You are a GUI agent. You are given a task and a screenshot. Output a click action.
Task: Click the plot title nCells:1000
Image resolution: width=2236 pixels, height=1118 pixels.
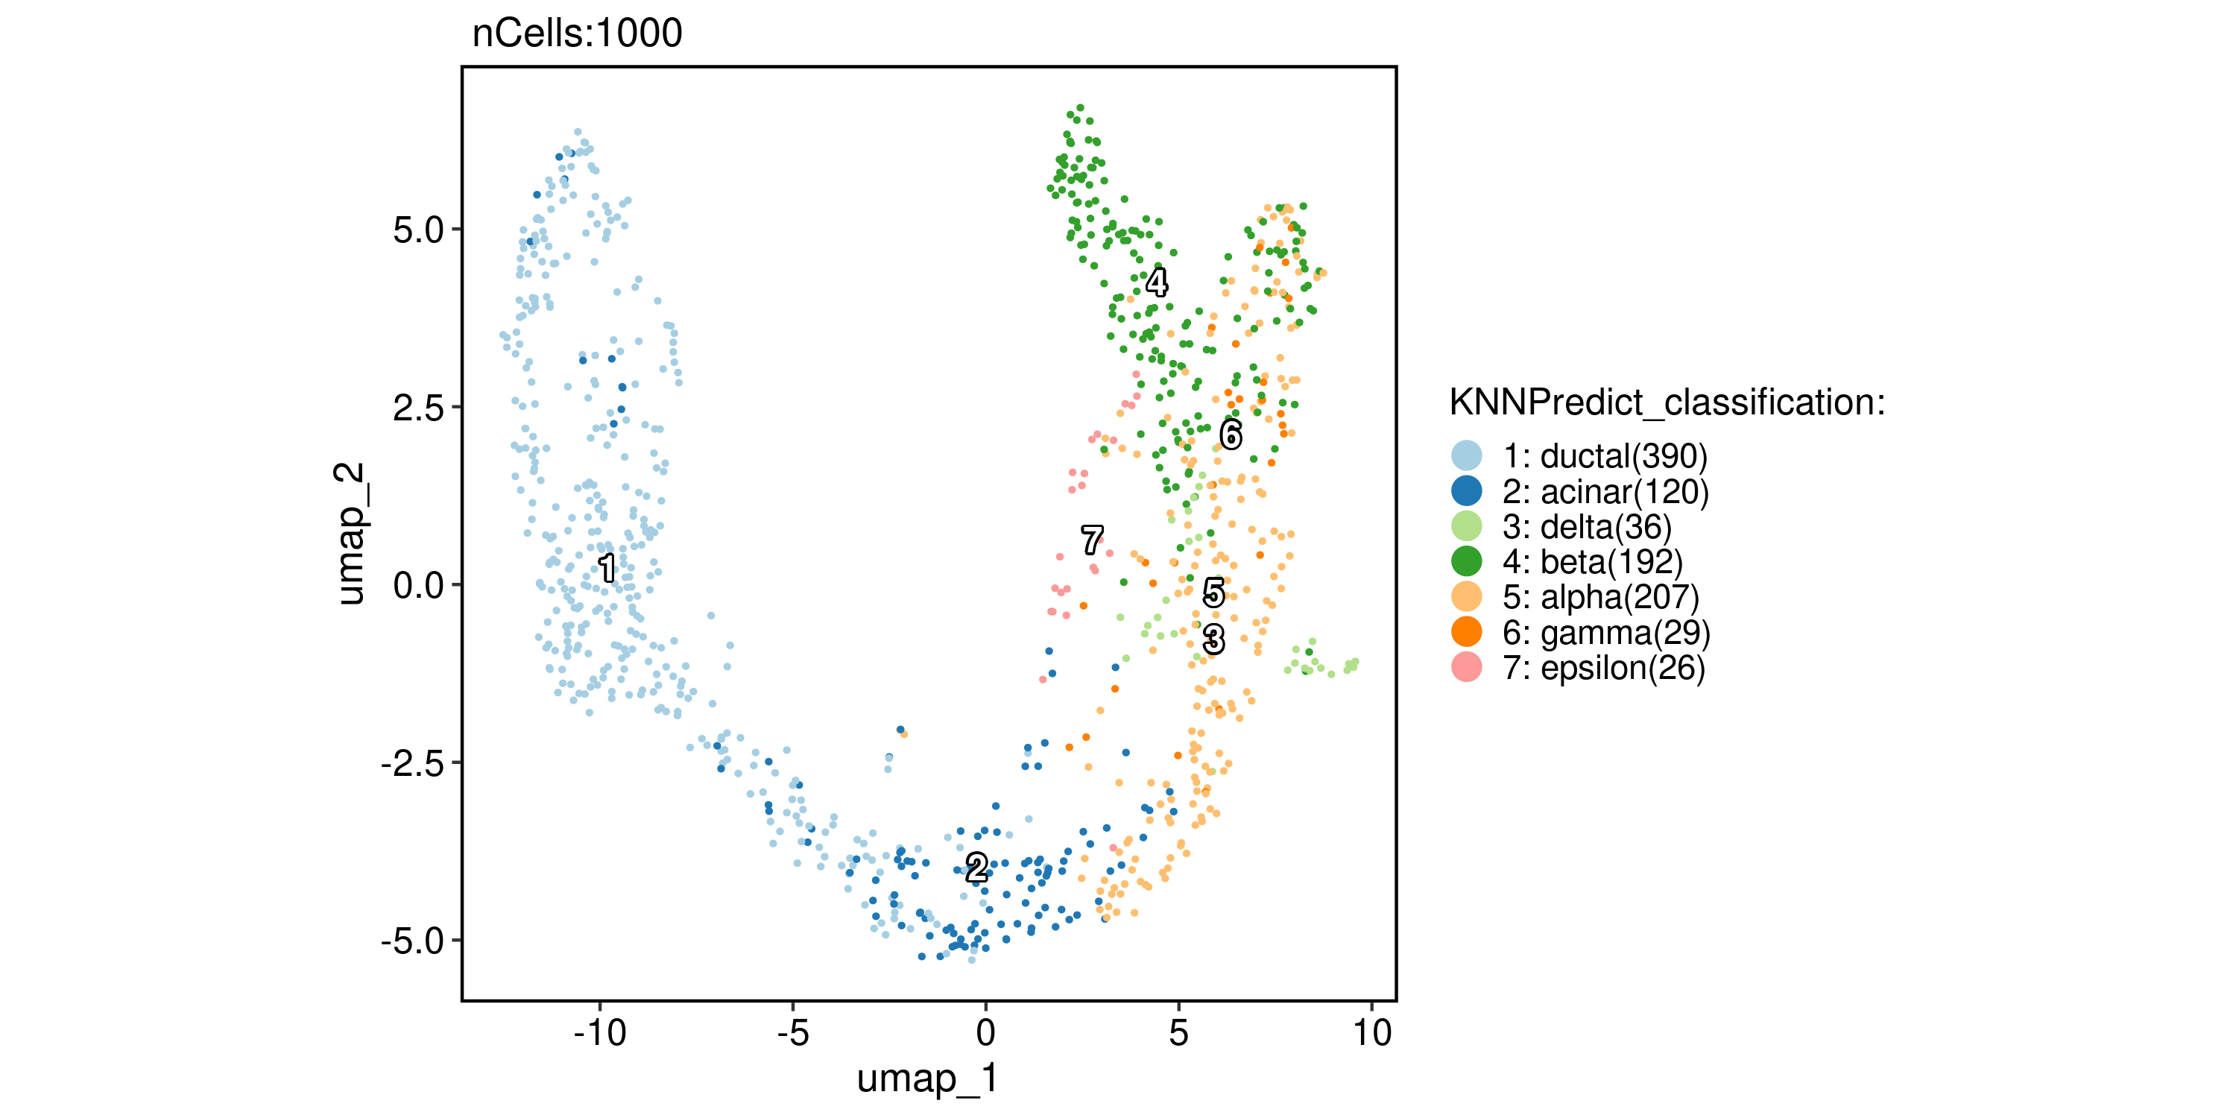pos(577,34)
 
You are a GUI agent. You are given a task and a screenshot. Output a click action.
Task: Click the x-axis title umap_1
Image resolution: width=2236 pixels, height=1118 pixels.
pos(927,1079)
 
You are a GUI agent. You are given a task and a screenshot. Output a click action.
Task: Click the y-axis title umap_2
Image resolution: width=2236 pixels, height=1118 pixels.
pos(350,533)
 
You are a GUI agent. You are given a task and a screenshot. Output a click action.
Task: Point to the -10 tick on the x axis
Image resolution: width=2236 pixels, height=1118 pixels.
pos(600,1033)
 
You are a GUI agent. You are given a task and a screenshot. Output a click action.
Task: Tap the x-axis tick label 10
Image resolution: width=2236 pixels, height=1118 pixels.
pos(1372,1033)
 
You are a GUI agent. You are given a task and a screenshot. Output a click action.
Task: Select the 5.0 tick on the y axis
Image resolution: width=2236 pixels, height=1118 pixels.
pos(417,230)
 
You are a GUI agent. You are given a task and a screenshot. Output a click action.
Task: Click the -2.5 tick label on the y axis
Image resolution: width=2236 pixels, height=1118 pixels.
pos(411,763)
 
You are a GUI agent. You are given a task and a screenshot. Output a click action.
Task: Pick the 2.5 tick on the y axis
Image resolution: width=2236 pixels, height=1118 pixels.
pos(417,408)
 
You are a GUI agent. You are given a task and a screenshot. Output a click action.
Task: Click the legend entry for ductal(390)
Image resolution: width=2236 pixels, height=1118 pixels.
pos(1605,455)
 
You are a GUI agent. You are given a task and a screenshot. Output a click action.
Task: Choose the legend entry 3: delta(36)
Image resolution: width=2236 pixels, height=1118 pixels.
pos(1587,527)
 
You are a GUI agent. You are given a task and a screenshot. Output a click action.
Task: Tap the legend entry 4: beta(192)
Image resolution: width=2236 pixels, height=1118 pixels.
pos(1593,561)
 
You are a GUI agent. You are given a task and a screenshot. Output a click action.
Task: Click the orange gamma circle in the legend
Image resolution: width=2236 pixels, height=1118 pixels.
pos(1466,632)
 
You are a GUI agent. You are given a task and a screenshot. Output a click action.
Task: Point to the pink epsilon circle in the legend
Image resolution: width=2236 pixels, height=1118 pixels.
pos(1466,668)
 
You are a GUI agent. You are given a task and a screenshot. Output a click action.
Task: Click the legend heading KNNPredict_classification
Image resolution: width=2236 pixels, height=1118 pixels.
pos(1667,402)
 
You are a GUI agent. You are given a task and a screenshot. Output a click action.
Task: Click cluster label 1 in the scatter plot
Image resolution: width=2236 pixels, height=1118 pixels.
pos(607,569)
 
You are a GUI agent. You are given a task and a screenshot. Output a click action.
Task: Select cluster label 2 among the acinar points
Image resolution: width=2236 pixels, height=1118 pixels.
pos(976,867)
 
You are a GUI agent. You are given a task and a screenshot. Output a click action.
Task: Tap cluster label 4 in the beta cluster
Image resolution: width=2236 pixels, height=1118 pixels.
pos(1156,282)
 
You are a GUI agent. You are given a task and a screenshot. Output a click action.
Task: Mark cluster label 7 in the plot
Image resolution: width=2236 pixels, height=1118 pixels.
pos(1092,540)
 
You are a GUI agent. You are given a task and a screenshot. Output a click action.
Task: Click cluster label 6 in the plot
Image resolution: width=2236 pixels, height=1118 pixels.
pos(1231,434)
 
